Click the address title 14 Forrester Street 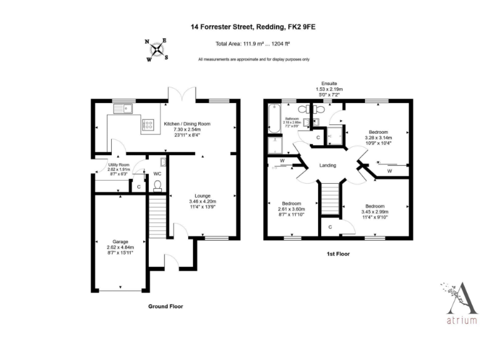point(257,27)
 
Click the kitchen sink point(122,109)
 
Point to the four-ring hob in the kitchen point(149,124)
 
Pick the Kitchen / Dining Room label point(187,129)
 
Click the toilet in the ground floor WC point(157,185)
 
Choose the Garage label point(120,247)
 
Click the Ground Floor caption point(165,306)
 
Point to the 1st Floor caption point(337,254)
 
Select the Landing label point(327,166)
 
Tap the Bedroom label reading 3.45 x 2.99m point(374,212)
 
